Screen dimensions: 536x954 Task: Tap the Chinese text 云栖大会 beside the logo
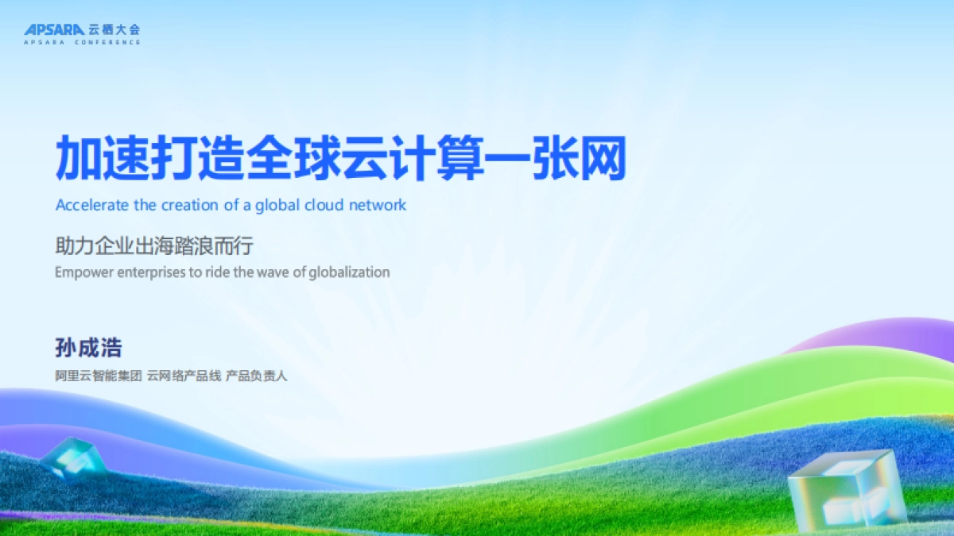click(x=114, y=29)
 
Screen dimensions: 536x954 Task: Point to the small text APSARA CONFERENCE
click(x=82, y=42)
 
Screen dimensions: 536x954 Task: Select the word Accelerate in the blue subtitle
click(x=91, y=205)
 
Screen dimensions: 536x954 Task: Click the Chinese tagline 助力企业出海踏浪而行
click(x=153, y=246)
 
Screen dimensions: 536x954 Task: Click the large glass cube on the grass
click(x=846, y=490)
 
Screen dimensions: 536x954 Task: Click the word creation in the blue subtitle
click(x=189, y=205)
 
